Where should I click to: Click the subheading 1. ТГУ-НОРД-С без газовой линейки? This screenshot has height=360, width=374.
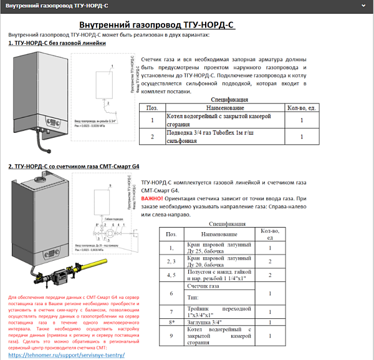point(57,43)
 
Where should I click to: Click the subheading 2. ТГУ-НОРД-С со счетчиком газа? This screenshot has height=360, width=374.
point(74,167)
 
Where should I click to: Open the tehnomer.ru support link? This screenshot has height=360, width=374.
point(67,354)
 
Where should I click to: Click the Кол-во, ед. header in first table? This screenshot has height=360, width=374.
point(301,108)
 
